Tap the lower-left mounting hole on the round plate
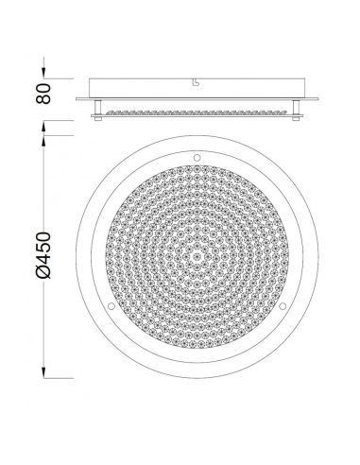110,306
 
